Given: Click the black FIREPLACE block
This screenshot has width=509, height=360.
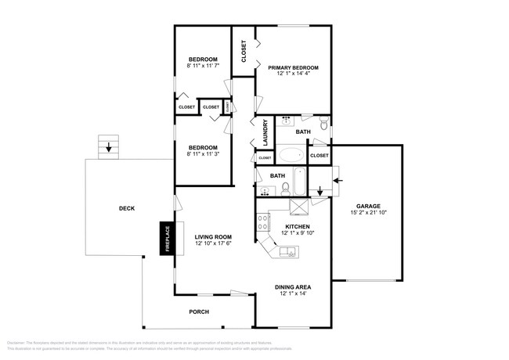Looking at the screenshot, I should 166,239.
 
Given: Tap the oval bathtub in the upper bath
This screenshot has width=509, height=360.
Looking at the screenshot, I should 295,154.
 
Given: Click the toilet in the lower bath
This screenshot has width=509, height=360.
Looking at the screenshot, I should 287,188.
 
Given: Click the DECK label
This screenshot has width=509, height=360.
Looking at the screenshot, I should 126,208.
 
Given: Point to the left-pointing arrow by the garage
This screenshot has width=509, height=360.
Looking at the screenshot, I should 337,181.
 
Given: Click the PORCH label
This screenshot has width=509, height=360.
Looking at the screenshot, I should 199,311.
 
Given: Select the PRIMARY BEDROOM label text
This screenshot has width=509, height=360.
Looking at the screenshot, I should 293,68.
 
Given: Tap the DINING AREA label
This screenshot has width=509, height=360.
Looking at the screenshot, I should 291,286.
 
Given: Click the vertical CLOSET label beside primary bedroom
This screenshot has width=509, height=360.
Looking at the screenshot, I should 244,51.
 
